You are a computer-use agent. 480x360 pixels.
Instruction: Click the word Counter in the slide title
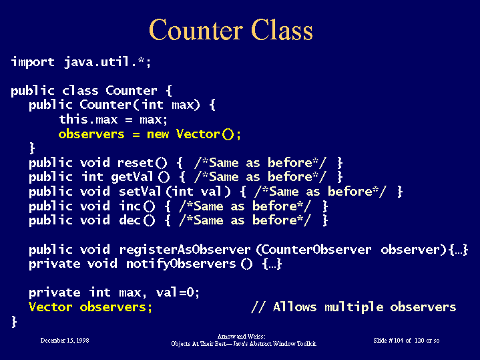click(x=196, y=30)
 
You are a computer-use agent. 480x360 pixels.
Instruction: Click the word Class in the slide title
click(x=282, y=29)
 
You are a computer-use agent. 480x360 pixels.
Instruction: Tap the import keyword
click(x=33, y=62)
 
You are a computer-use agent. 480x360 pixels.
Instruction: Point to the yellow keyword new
click(x=158, y=134)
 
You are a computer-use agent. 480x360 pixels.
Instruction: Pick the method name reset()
click(x=142, y=163)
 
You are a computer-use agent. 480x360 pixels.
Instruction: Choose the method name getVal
click(x=132, y=177)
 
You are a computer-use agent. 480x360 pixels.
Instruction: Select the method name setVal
click(x=140, y=192)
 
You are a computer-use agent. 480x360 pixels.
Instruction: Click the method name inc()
click(x=137, y=206)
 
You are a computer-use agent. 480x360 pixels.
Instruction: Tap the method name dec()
click(x=137, y=220)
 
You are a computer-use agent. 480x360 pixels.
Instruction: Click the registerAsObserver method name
click(x=185, y=250)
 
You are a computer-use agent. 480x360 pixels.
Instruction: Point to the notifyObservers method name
click(x=181, y=264)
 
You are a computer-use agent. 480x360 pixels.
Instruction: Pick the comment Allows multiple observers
click(x=365, y=307)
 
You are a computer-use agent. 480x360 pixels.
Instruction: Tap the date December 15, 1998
click(x=65, y=341)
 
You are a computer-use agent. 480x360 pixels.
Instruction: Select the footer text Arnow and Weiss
click(x=241, y=337)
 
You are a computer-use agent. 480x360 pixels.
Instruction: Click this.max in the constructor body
click(x=89, y=120)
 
